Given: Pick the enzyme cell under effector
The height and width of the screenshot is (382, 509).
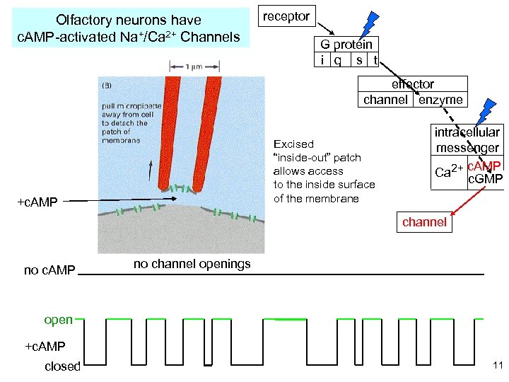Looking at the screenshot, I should point(440,100).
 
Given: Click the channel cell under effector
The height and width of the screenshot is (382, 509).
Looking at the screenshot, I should point(385,100).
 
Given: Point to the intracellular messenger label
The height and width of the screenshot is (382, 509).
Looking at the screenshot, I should point(467,140).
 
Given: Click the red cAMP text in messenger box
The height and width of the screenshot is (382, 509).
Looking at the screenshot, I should point(485,166).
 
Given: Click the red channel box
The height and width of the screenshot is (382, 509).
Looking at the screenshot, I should point(424,222).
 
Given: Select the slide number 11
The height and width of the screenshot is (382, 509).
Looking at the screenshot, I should point(497,366).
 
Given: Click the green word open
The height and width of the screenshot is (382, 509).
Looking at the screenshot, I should point(58,320).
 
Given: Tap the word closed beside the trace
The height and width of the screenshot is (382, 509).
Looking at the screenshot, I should point(62,366).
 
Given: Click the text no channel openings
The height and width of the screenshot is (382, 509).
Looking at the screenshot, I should point(192,265).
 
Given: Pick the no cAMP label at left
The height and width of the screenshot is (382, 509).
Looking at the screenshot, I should point(49,270).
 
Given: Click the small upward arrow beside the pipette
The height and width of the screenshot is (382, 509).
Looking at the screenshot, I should point(150,169).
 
